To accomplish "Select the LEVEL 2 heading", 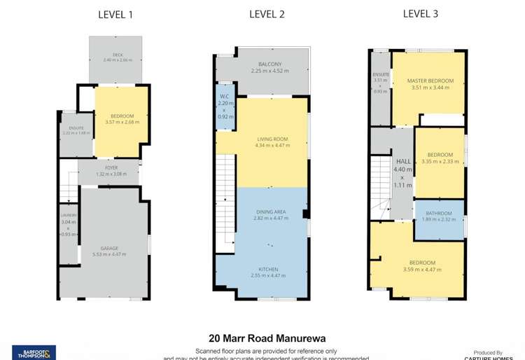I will coord(266,14).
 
